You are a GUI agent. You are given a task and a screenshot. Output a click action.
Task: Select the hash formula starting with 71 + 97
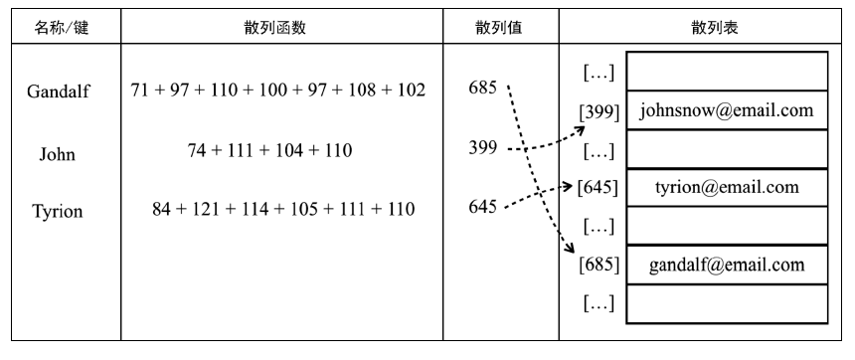[278, 90]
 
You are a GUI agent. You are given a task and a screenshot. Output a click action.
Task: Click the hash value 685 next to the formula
[482, 88]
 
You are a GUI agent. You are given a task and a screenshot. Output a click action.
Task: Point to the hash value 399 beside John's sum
[482, 149]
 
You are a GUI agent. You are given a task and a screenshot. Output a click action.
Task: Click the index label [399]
[597, 110]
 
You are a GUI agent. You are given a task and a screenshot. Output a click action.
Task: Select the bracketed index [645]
[598, 187]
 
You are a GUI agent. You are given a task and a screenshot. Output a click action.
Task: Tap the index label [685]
[598, 265]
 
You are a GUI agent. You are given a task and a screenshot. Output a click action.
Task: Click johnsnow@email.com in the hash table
[727, 110]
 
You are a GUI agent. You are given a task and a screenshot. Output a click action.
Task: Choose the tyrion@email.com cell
[727, 187]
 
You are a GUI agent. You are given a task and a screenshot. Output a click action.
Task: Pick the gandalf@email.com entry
[727, 265]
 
